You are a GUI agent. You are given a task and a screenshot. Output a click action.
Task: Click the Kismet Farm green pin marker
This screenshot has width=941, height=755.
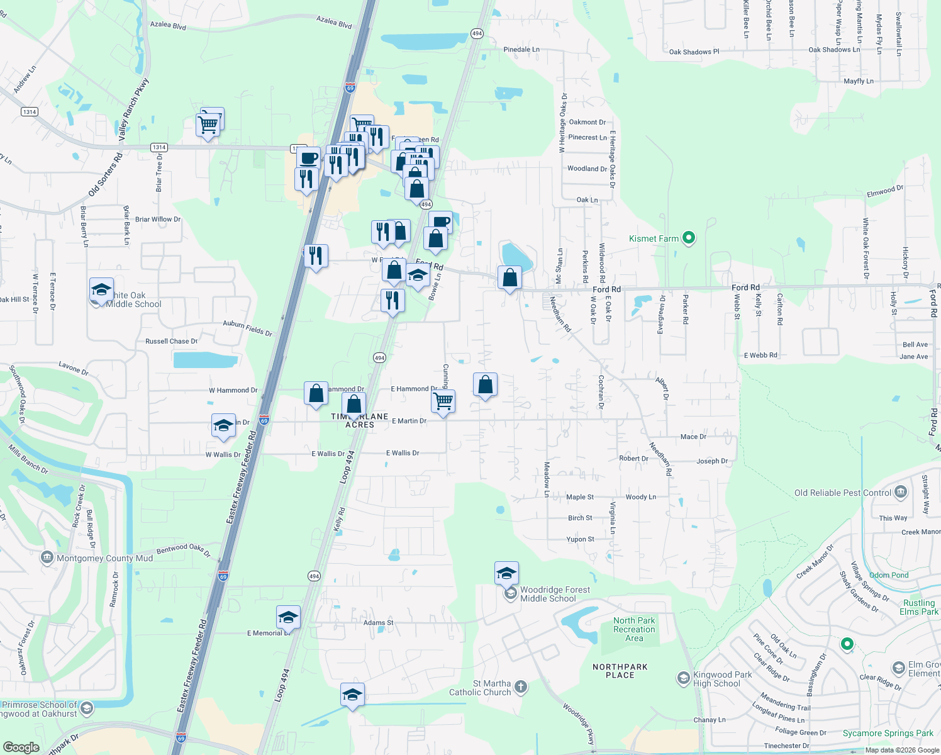[689, 238]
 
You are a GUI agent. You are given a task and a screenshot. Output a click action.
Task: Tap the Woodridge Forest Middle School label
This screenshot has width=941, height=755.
[555, 594]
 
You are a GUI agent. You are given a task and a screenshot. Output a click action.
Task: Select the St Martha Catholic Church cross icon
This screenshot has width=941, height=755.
[521, 686]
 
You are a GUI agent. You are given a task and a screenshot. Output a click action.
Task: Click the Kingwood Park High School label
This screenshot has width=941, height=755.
[722, 679]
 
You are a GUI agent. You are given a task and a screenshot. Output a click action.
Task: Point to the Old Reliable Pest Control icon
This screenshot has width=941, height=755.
[901, 492]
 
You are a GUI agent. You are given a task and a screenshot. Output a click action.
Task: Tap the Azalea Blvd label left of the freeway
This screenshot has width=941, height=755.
[168, 25]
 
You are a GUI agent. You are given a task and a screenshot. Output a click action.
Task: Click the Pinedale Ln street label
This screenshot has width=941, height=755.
[521, 49]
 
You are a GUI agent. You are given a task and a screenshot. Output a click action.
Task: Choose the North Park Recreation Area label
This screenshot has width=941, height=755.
[634, 629]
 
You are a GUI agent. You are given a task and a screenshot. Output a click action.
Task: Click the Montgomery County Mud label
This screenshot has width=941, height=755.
[104, 558]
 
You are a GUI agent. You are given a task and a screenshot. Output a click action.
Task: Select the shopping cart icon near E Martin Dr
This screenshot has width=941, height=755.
[443, 401]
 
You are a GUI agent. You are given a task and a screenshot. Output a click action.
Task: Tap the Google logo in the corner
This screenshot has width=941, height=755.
[21, 747]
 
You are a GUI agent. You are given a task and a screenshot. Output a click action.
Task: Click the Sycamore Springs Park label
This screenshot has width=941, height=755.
[888, 733]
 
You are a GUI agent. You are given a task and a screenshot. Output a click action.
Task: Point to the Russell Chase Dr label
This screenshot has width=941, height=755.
[171, 341]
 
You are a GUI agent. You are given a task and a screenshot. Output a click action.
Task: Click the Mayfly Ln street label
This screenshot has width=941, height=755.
[858, 81]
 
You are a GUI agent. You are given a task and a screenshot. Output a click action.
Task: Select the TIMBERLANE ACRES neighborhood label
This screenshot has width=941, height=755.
[360, 420]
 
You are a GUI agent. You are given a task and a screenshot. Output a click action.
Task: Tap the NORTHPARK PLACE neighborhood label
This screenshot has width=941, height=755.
[620, 671]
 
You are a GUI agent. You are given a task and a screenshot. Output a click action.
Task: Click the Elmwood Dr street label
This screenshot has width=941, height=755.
[884, 191]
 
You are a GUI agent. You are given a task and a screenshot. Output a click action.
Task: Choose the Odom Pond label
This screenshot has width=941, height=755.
[888, 575]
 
